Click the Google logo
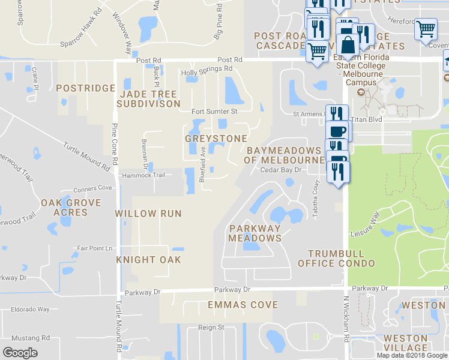(20, 353)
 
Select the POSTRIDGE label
(85, 88)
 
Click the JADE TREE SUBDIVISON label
(148, 99)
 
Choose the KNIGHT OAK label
(148, 260)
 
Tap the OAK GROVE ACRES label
(70, 208)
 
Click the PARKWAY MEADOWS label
(255, 233)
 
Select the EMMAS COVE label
(243, 305)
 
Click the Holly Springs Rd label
(206, 70)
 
